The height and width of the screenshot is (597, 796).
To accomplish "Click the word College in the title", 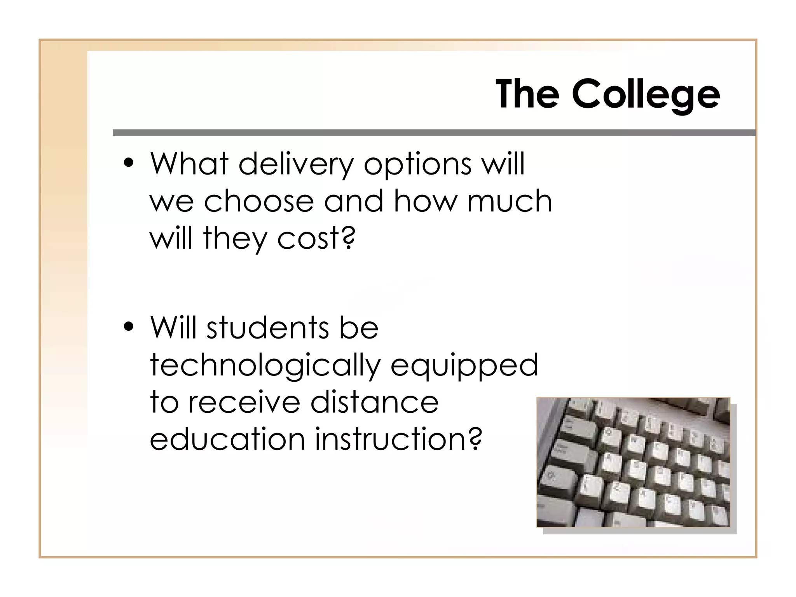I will [646, 94].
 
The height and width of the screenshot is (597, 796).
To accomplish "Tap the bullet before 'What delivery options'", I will [129, 163].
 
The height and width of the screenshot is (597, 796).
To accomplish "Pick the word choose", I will [258, 201].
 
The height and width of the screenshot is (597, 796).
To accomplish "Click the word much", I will [510, 201].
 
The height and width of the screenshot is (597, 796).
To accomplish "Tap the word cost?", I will [316, 238].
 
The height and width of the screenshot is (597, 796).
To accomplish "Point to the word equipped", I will [464, 366].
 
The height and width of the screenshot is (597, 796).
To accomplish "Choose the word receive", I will [244, 402].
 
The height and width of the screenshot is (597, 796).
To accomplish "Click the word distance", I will [374, 402].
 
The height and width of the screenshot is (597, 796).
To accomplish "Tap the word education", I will [227, 439].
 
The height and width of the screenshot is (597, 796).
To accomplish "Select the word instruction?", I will [398, 439].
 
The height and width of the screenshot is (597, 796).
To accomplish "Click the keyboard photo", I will [633, 462].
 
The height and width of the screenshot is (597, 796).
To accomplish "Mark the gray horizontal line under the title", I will [434, 133].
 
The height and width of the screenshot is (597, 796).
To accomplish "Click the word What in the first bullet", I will [189, 164].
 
